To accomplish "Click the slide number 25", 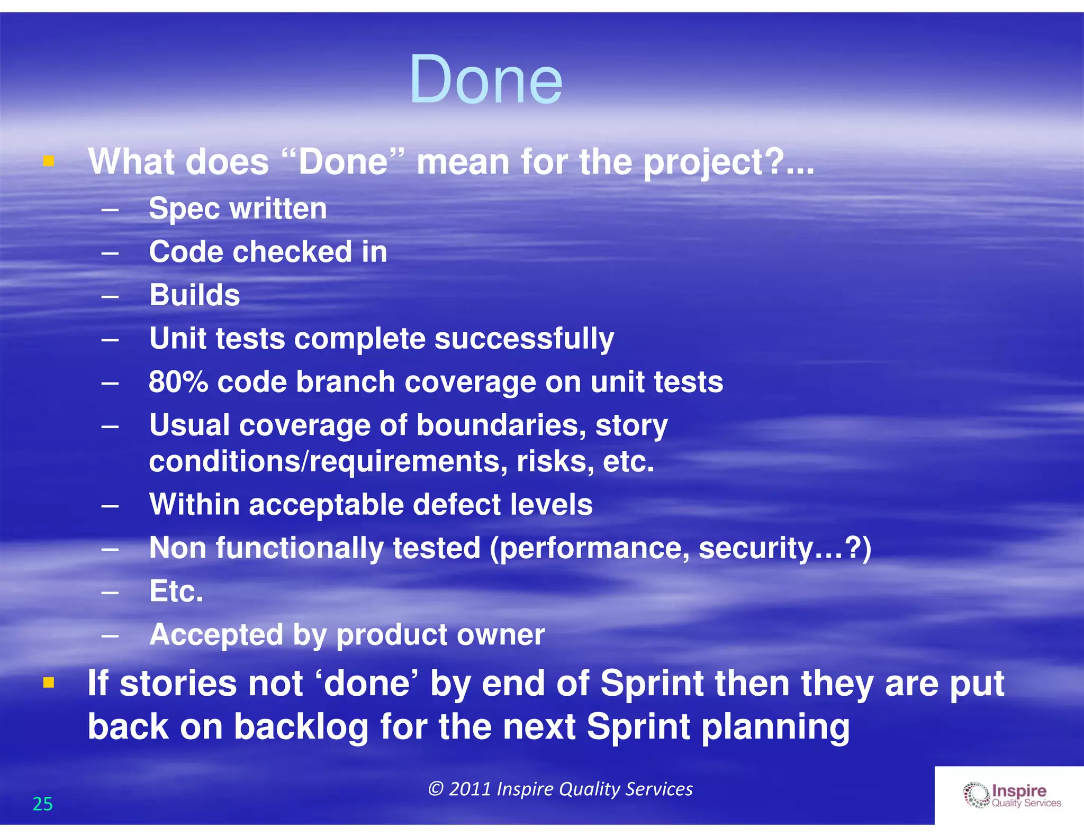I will point(43,804).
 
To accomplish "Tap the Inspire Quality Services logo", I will point(1011,795).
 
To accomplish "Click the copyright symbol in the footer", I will point(435,789).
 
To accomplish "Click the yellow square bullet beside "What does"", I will point(49,161).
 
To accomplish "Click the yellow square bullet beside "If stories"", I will point(49,683).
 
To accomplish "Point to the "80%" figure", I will point(178,381).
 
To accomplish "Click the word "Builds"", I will point(194,295).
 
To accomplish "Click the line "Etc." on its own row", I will point(176,591).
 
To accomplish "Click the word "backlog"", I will point(301,727).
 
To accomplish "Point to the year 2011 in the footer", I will point(470,789).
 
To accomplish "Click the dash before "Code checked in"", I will point(110,253).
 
